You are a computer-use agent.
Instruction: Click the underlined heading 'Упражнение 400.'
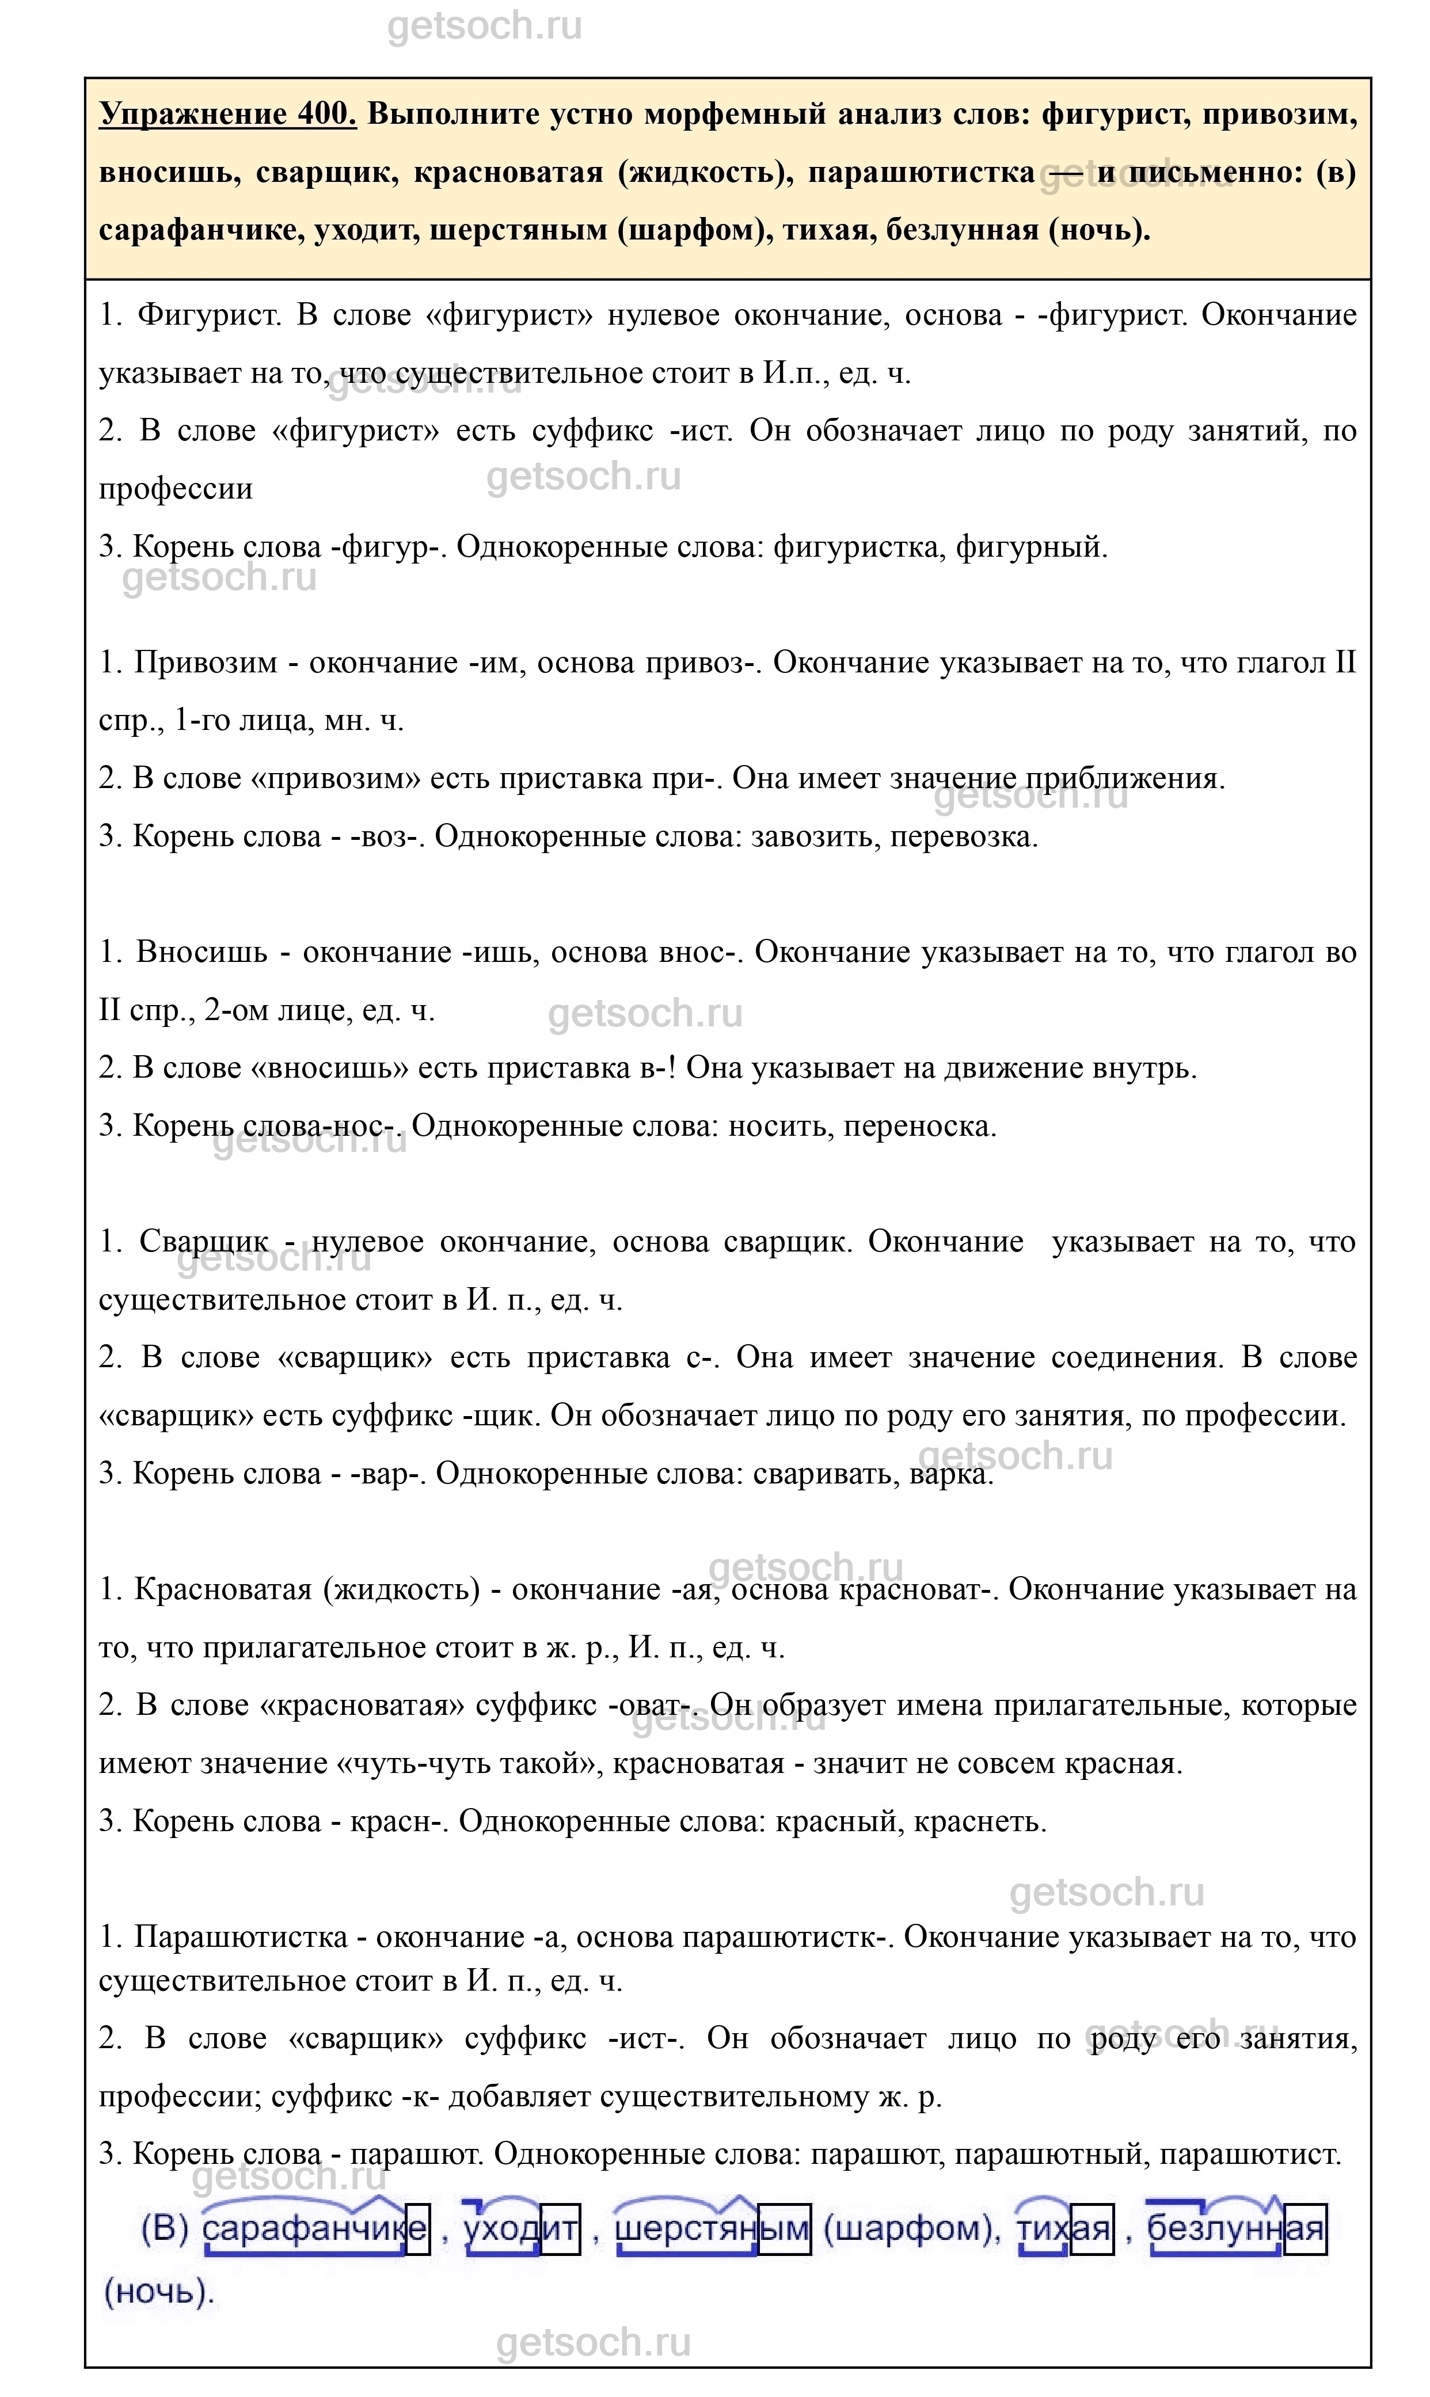point(227,113)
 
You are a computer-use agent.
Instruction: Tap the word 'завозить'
point(811,836)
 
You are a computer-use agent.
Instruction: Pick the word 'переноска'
point(921,1125)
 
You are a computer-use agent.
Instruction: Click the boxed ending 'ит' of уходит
point(560,2229)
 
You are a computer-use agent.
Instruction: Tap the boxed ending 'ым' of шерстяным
point(785,2229)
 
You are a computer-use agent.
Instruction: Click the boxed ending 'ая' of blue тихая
point(1091,2229)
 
